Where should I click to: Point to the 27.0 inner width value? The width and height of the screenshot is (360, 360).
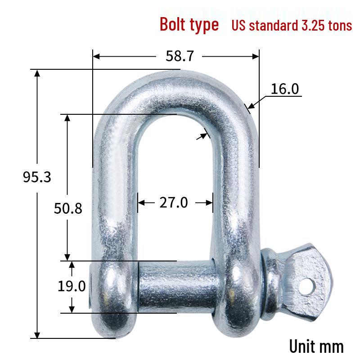coord(174,202)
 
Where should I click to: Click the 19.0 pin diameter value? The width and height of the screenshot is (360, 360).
coord(72,286)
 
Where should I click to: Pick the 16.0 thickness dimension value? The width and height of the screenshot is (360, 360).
coord(285,89)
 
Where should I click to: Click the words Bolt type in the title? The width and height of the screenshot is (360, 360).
coord(189,24)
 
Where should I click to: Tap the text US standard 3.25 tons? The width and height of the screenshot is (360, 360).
coord(292,25)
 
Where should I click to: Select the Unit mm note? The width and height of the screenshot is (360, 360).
coord(316,346)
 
